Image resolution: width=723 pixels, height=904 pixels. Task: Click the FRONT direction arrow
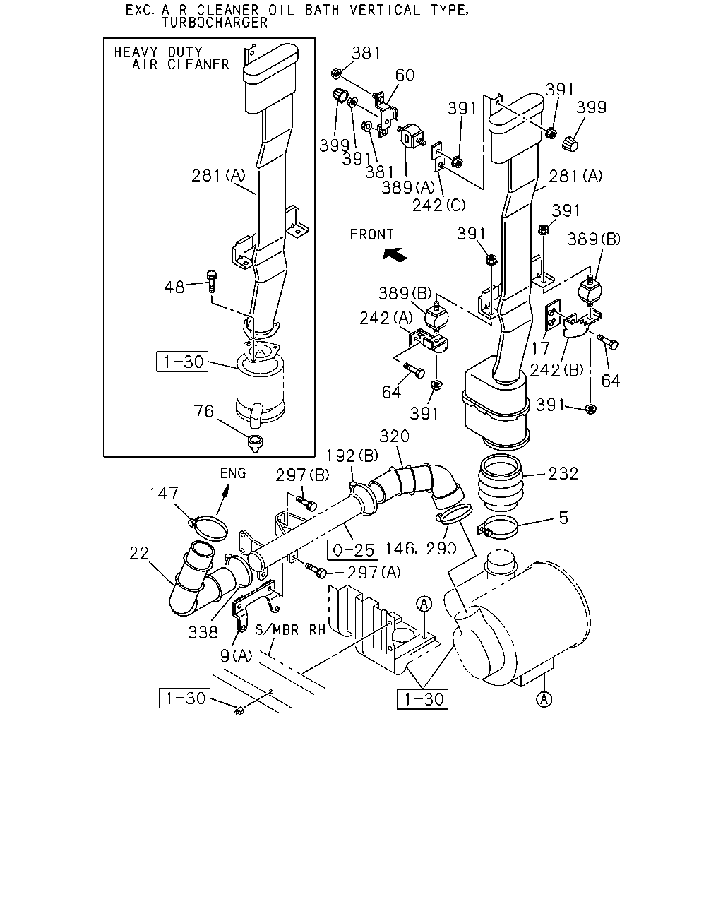click(395, 254)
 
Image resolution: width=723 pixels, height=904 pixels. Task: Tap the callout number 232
click(563, 474)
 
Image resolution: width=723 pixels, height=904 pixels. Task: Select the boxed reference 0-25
click(353, 550)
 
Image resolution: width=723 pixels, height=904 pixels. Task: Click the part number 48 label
click(174, 287)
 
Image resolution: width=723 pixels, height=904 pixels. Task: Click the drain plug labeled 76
click(255, 444)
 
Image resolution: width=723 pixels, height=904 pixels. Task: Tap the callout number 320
click(394, 436)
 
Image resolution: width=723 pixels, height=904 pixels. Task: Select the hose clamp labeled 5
click(498, 527)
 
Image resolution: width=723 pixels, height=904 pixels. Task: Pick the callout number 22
click(139, 554)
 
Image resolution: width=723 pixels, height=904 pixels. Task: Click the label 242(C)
click(439, 206)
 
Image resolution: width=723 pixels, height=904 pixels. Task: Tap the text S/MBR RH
click(290, 630)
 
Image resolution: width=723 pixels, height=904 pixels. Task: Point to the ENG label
click(233, 473)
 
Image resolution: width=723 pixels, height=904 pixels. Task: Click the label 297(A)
click(374, 572)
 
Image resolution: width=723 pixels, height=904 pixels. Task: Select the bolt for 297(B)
click(306, 503)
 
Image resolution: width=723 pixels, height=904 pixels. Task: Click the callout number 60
click(405, 75)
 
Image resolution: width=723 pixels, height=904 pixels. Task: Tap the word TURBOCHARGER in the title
click(215, 23)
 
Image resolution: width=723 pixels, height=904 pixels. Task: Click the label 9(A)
click(236, 655)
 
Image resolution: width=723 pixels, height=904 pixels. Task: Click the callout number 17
click(540, 347)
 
